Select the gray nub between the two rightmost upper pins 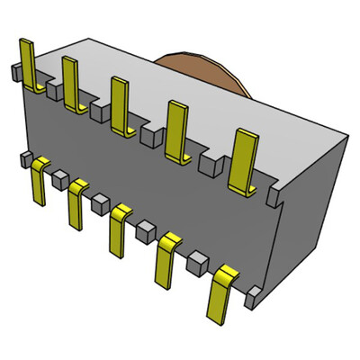point(210,164)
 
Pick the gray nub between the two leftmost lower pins point(59,175)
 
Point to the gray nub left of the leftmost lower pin point(23,159)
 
